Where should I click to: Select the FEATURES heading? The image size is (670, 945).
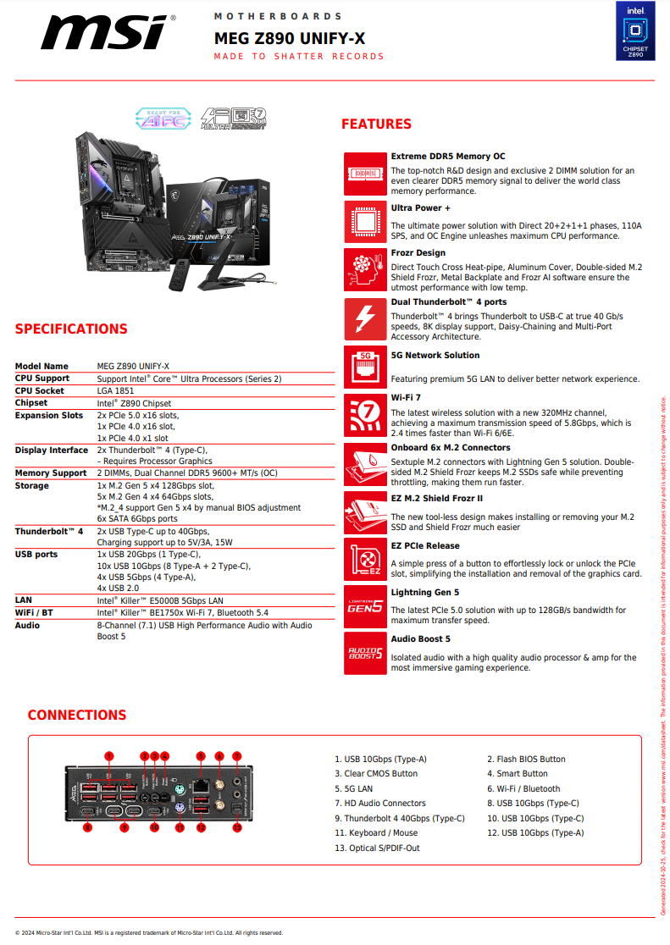coord(376,124)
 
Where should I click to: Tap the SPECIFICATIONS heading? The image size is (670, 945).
coord(71,329)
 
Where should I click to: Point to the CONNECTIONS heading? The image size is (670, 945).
coord(77,716)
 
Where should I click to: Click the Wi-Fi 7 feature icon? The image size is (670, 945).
coord(365,412)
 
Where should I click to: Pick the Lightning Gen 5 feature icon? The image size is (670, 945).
coord(365,605)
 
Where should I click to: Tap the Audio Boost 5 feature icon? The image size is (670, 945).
coord(365,653)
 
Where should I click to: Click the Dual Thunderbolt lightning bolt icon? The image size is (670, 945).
coord(365,318)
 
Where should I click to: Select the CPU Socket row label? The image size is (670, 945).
coord(40,391)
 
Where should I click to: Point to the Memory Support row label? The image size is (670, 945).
coord(51,473)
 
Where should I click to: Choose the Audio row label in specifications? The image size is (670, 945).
coord(27,626)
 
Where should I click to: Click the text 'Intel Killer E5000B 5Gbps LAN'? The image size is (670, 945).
coord(160,600)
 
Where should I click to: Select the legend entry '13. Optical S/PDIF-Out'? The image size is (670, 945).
coord(377,848)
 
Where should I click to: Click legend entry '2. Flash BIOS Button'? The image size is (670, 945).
coord(526,760)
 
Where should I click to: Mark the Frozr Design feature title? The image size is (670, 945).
coord(418,253)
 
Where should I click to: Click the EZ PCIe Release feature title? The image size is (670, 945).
coord(425,546)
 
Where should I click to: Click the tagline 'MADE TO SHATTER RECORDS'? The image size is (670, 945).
coord(299,57)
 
